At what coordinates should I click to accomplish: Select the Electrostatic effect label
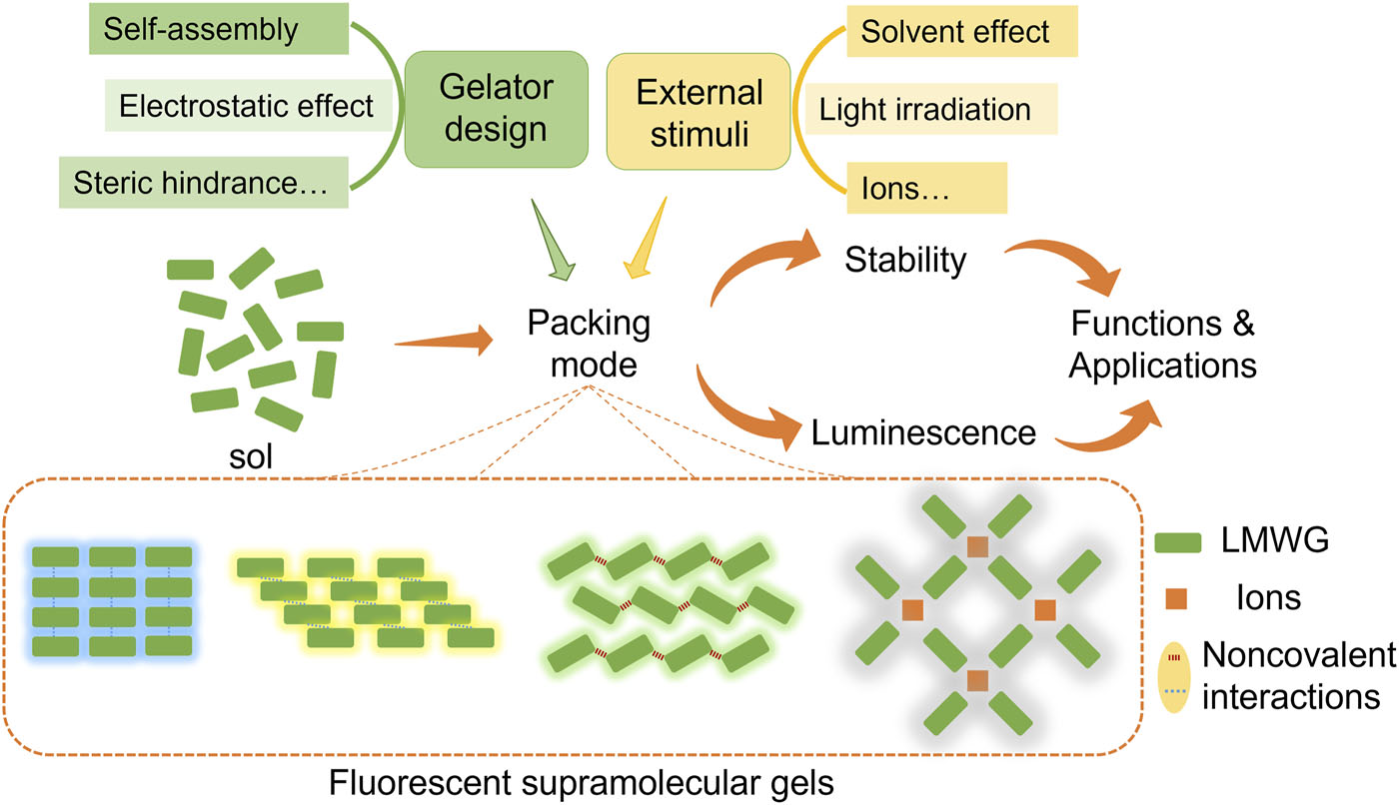click(x=247, y=105)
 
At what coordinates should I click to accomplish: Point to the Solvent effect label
click(x=954, y=32)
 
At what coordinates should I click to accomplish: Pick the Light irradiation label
click(x=924, y=109)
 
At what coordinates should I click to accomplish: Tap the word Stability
click(x=905, y=260)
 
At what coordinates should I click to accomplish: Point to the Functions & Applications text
click(x=1162, y=345)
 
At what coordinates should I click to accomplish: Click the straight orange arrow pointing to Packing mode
click(x=445, y=343)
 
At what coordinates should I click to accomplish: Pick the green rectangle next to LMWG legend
click(x=1184, y=542)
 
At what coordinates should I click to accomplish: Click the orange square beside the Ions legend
click(x=1184, y=598)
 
